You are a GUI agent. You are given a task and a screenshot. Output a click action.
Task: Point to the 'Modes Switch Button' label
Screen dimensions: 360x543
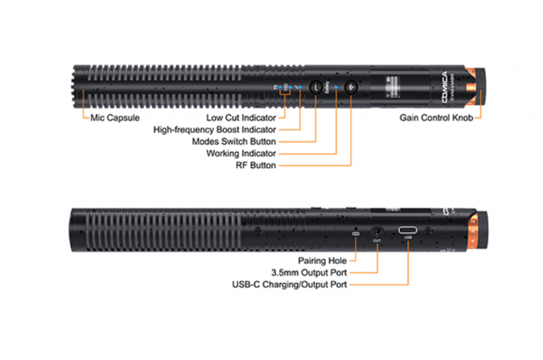pos(233,142)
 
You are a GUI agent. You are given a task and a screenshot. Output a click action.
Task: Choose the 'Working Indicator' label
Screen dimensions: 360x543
pos(243,153)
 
